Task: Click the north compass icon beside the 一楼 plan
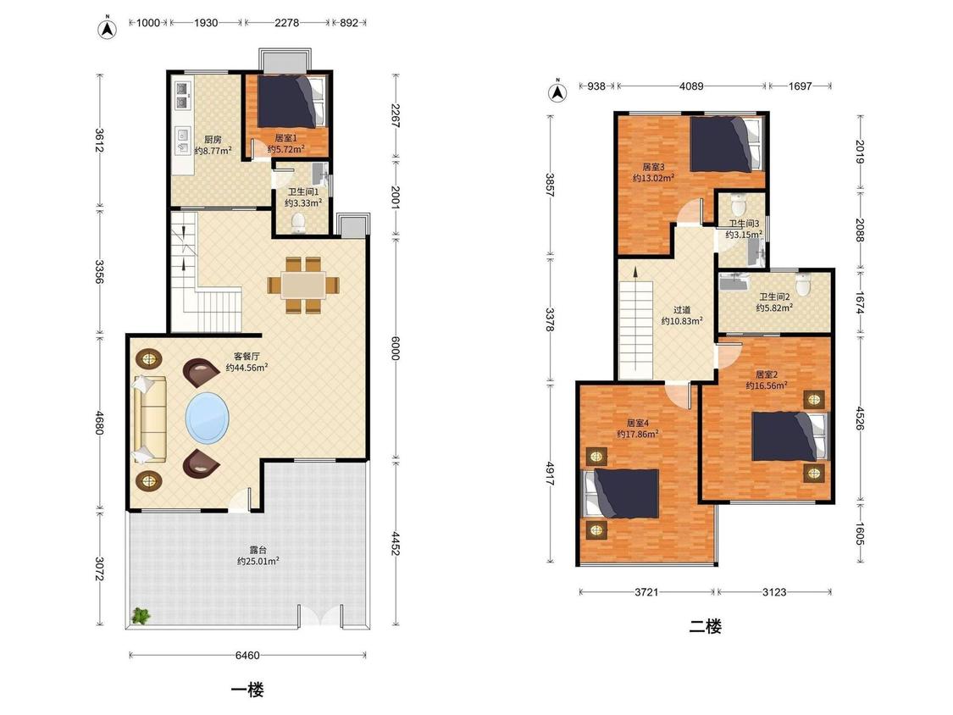pyautogui.click(x=108, y=29)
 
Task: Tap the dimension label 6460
pyautogui.click(x=247, y=656)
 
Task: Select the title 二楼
pyautogui.click(x=705, y=626)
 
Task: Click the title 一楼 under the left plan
pyautogui.click(x=247, y=690)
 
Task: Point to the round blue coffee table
pyautogui.click(x=208, y=418)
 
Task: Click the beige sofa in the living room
pyautogui.click(x=149, y=419)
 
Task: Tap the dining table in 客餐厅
pyautogui.click(x=303, y=285)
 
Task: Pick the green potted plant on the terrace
pyautogui.click(x=141, y=615)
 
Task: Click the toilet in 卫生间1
pyautogui.click(x=298, y=223)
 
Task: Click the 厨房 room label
pyautogui.click(x=213, y=139)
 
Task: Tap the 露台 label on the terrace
pyautogui.click(x=258, y=550)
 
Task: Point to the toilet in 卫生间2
pyautogui.click(x=804, y=285)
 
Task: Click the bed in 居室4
pyautogui.click(x=622, y=493)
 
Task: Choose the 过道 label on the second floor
pyautogui.click(x=682, y=309)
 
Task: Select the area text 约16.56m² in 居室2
pyautogui.click(x=767, y=385)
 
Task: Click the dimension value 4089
pyautogui.click(x=691, y=86)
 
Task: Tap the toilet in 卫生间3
pyautogui.click(x=739, y=203)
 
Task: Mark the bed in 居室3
pyautogui.click(x=726, y=145)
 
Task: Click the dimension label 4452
pyautogui.click(x=396, y=544)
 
